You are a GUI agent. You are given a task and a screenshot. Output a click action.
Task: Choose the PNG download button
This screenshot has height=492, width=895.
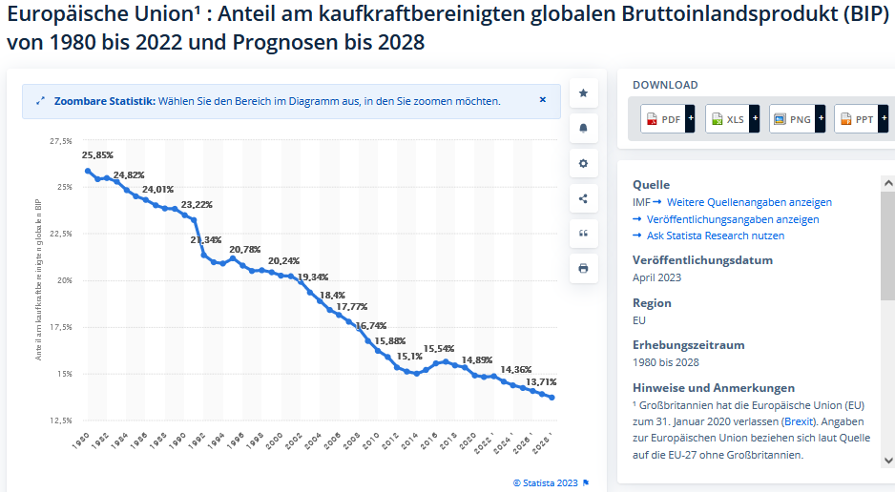(x=796, y=119)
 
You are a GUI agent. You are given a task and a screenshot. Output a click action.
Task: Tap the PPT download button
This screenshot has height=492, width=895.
(x=861, y=119)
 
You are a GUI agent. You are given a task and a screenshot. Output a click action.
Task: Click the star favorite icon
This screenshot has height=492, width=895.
(x=583, y=93)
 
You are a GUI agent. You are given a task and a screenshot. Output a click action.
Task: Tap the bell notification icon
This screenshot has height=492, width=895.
(x=583, y=128)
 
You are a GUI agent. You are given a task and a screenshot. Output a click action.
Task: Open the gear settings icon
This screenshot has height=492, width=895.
(x=583, y=163)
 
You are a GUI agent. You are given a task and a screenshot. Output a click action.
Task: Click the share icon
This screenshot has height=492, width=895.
(x=583, y=198)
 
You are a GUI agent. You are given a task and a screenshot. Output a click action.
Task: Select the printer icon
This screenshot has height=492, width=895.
(x=583, y=268)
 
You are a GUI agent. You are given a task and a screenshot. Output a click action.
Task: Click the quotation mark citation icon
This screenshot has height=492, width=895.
(x=583, y=234)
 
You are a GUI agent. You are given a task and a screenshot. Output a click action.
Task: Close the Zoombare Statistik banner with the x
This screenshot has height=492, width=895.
(x=543, y=99)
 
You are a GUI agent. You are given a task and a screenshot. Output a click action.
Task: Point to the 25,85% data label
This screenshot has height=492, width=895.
(x=97, y=154)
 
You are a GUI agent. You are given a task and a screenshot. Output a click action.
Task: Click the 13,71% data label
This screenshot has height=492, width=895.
(x=541, y=381)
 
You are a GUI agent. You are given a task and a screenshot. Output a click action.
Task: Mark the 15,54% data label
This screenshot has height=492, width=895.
(x=439, y=349)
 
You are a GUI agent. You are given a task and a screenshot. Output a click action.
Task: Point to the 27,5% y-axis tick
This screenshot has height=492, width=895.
(x=60, y=141)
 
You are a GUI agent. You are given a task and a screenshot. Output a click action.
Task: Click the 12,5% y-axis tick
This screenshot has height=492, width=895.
(x=60, y=420)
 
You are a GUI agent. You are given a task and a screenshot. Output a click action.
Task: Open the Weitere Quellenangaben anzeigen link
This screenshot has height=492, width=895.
(x=749, y=202)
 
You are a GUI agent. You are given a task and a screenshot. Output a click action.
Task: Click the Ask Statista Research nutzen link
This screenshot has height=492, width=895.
(x=716, y=236)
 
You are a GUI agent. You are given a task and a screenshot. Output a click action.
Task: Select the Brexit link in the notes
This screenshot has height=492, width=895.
(x=799, y=421)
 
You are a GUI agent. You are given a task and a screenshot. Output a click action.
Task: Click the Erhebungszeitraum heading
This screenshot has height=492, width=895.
(x=688, y=345)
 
